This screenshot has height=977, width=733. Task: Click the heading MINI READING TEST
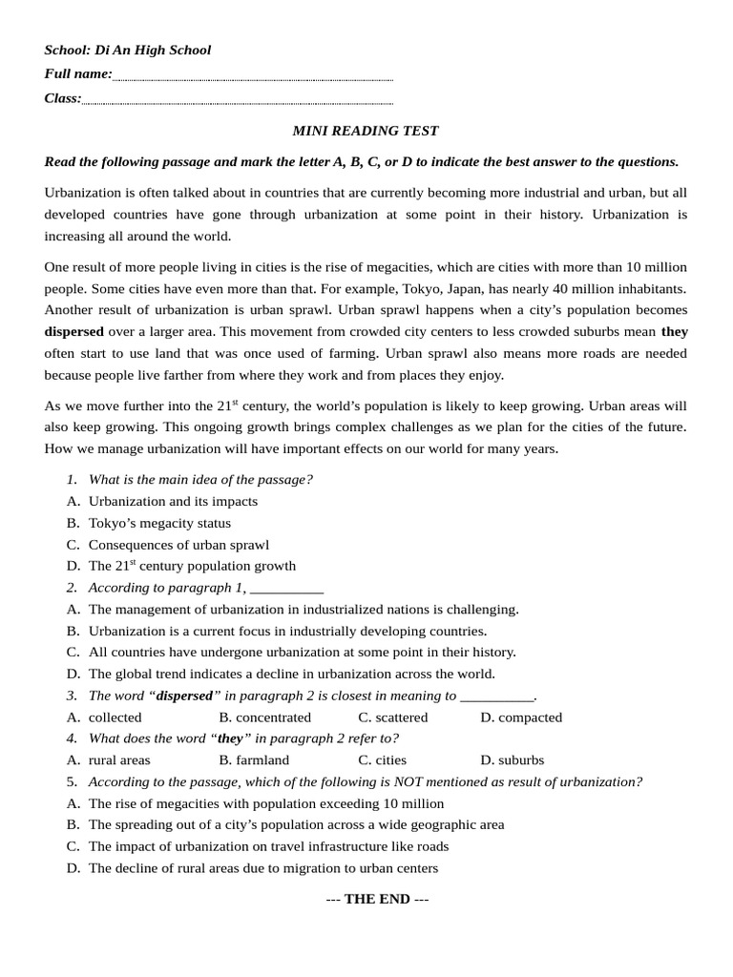click(x=366, y=131)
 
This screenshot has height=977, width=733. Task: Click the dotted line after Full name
click(x=252, y=76)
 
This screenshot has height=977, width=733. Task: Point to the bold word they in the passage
click(x=674, y=332)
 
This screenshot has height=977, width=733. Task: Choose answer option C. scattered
click(x=393, y=717)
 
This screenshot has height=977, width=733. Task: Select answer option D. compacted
click(x=521, y=717)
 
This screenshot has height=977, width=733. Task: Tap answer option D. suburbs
click(x=512, y=760)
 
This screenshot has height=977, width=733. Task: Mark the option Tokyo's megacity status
click(x=159, y=523)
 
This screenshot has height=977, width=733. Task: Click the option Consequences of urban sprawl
click(x=178, y=545)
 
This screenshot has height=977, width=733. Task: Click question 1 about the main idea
click(x=200, y=480)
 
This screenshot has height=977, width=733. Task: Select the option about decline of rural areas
click(x=262, y=868)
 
